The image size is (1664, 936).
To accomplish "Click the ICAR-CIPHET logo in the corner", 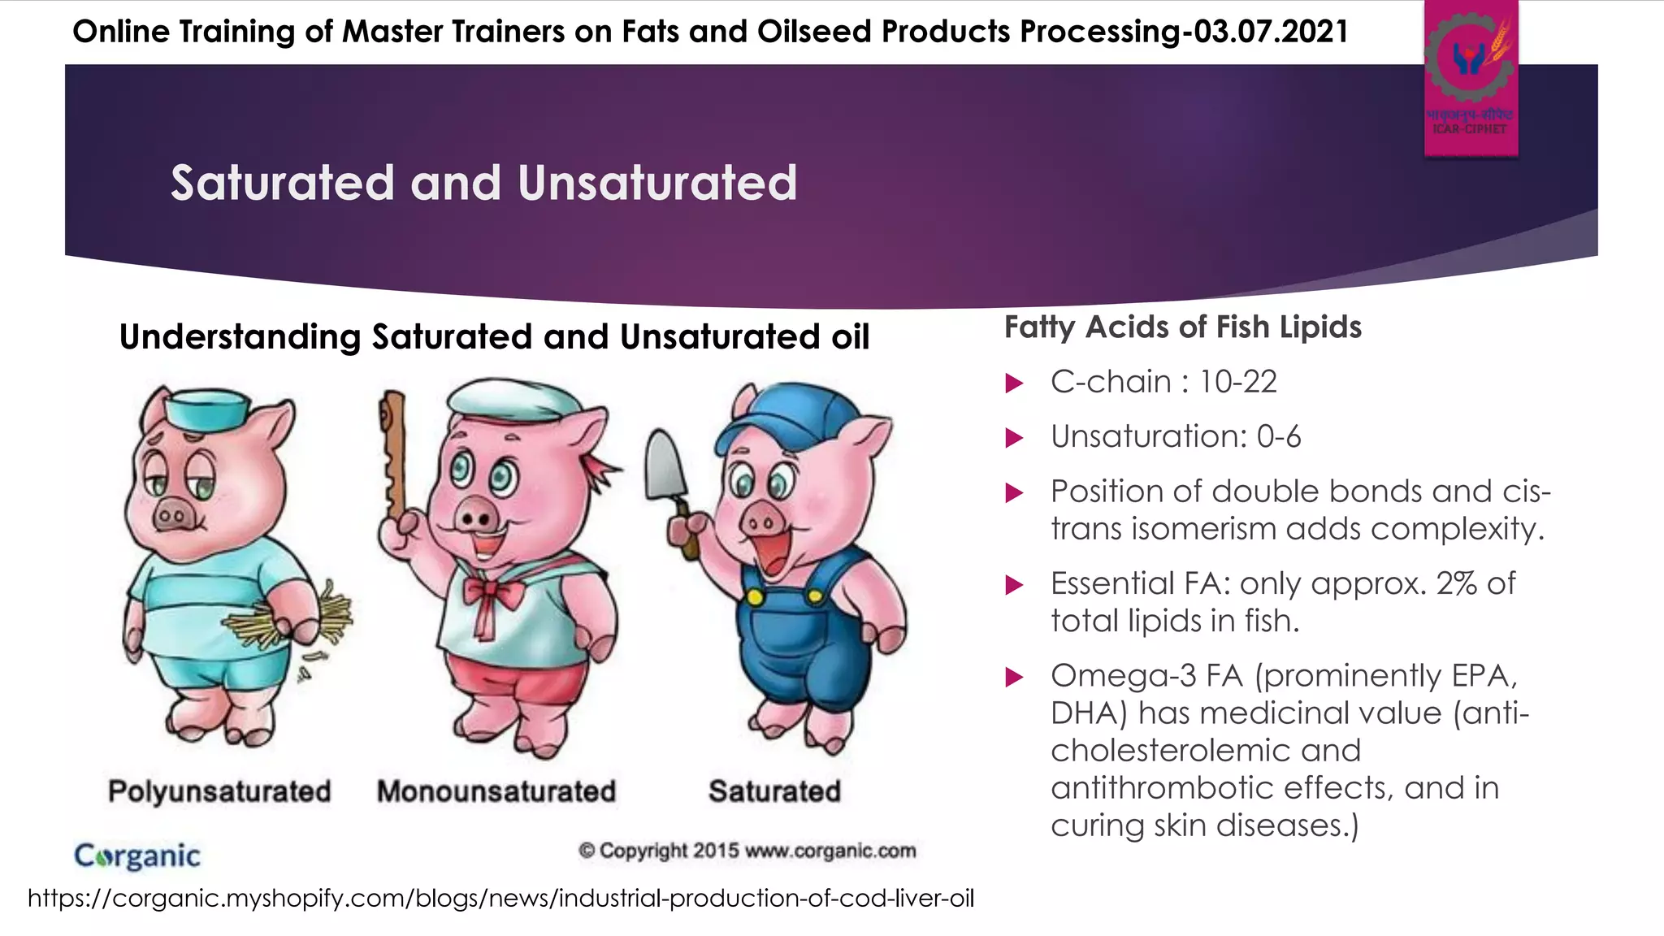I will click(1471, 78).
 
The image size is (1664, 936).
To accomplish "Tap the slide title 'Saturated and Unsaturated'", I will click(483, 182).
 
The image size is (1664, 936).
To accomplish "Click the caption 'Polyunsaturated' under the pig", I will click(219, 791).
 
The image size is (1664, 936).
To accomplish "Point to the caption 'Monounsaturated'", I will click(496, 791).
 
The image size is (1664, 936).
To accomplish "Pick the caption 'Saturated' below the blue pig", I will click(774, 791).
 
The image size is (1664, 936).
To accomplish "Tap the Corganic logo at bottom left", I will click(137, 856).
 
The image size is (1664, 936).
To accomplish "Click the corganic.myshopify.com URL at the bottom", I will click(500, 899).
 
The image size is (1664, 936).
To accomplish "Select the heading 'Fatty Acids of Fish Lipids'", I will click(1182, 327).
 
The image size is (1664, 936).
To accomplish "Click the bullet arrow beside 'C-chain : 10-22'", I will click(1014, 383).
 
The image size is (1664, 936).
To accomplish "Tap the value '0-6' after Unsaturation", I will click(1279, 437).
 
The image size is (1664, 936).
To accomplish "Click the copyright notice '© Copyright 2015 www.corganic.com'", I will click(747, 851).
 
